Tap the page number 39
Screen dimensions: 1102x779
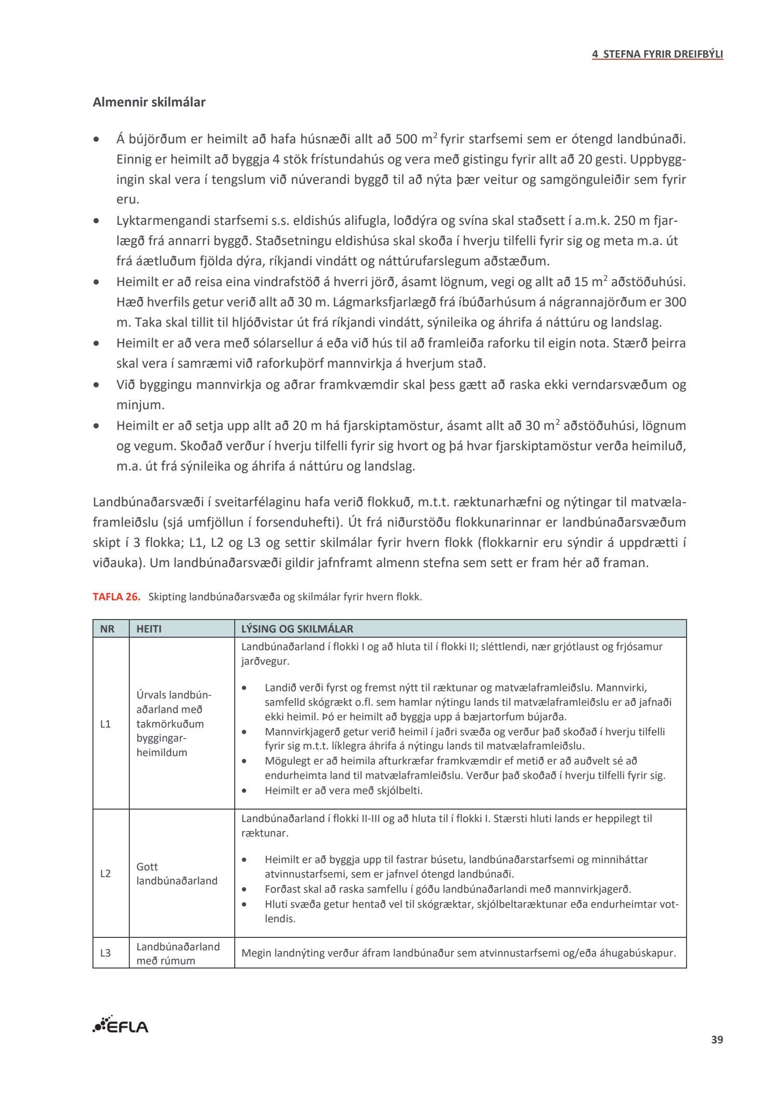(717, 1040)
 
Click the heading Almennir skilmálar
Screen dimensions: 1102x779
(149, 102)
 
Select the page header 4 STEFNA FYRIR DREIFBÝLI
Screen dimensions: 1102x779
(657, 54)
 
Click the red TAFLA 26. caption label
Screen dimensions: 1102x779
(117, 597)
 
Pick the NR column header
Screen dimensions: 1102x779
(108, 629)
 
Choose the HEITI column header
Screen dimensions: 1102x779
(149, 629)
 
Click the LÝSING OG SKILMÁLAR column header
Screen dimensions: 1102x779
(297, 629)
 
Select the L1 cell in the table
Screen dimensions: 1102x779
(105, 724)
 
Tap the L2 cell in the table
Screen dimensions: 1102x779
(105, 873)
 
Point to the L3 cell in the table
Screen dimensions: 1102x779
(105, 953)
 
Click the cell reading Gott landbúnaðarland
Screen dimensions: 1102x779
(177, 873)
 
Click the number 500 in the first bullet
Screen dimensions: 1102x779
(406, 139)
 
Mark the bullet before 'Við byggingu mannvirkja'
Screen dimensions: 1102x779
(96, 385)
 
